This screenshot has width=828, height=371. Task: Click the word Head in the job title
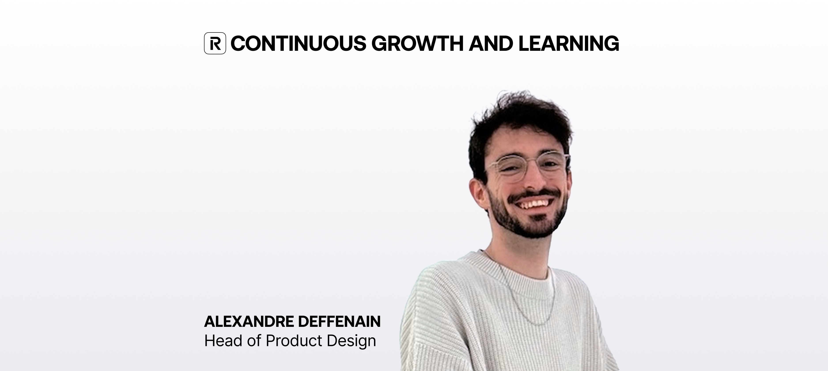[x=223, y=341]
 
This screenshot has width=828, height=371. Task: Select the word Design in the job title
[x=351, y=341]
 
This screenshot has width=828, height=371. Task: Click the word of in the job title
[x=254, y=341]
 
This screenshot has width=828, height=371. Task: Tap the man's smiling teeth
[x=534, y=204]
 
